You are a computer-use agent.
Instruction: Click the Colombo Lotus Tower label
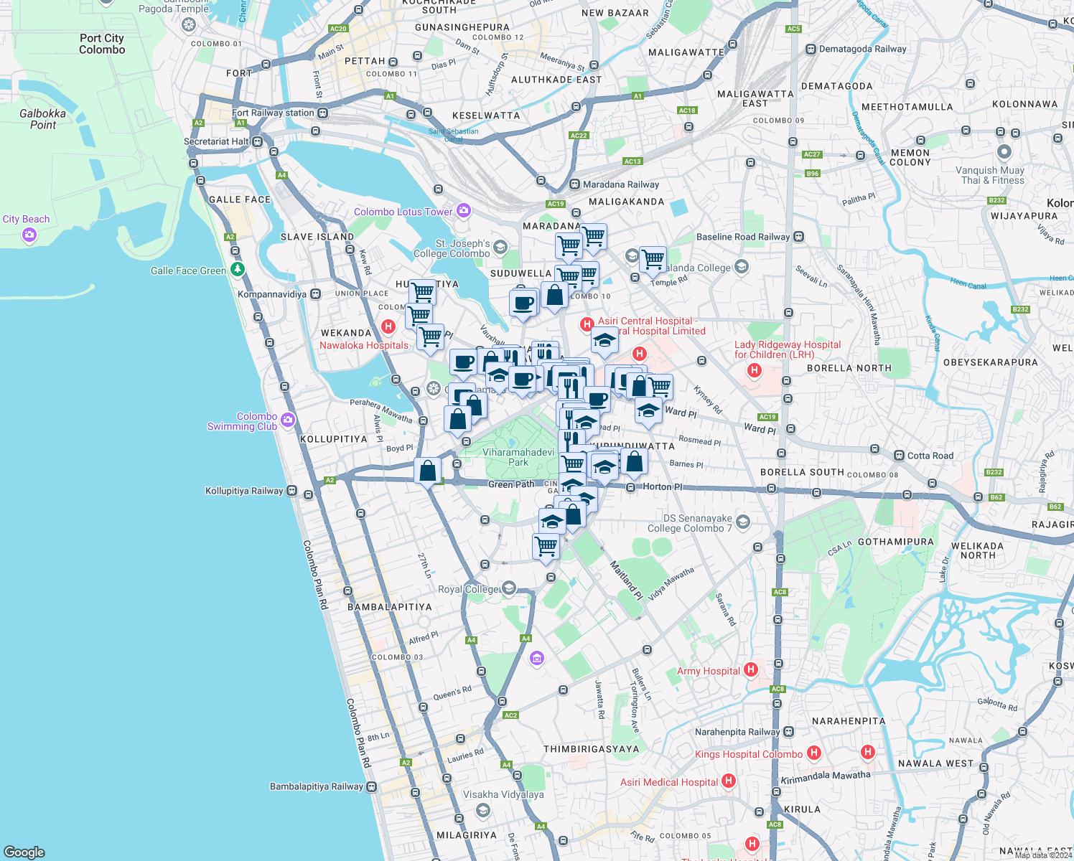coord(403,212)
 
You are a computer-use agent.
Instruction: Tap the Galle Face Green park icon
coord(237,270)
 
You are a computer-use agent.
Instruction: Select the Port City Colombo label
coord(102,44)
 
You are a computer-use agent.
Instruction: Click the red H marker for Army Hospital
coord(751,669)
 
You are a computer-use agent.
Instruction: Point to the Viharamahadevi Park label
coord(518,457)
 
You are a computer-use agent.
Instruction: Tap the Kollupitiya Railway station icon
coord(292,491)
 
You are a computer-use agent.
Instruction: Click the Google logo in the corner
coord(24,852)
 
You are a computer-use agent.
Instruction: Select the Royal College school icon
coord(509,588)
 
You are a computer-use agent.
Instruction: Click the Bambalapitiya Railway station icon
coord(372,786)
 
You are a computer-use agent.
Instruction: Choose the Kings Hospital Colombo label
coord(748,754)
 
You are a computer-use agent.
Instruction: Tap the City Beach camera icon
coord(29,235)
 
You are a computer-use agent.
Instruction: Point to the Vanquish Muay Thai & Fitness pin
coord(1004,152)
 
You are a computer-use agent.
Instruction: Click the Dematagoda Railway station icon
coord(811,50)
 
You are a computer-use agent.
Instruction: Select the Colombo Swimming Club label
coord(242,421)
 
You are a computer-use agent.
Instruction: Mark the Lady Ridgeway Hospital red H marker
coord(755,370)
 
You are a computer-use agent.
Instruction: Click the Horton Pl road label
coord(662,486)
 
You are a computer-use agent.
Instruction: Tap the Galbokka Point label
coord(43,119)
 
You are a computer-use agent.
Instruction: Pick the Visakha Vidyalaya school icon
coord(483,810)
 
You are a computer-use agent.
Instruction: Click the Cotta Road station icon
coord(899,456)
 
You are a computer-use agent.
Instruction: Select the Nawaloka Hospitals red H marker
coord(388,327)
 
